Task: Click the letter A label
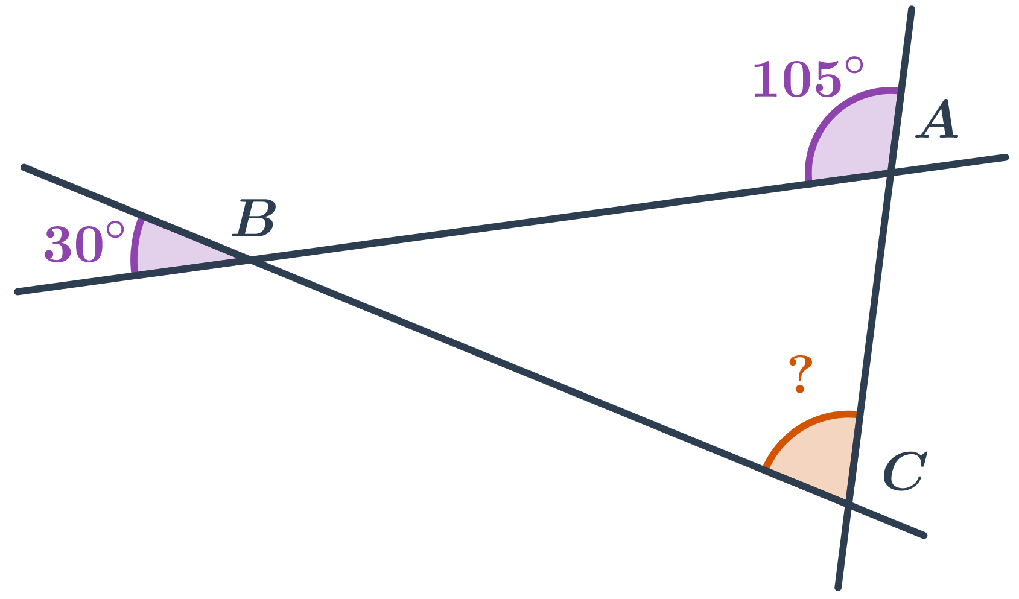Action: [x=938, y=119]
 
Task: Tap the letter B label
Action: [x=254, y=218]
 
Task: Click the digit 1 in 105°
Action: [x=764, y=79]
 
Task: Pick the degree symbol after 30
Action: [x=115, y=231]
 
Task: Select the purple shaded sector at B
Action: [x=172, y=251]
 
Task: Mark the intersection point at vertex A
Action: [x=890, y=173]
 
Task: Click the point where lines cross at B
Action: [x=250, y=259]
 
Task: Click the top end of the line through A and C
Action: [x=912, y=10]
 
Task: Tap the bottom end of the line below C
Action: [x=837, y=587]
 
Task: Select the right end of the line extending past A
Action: [x=1006, y=157]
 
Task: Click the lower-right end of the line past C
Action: [x=924, y=535]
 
